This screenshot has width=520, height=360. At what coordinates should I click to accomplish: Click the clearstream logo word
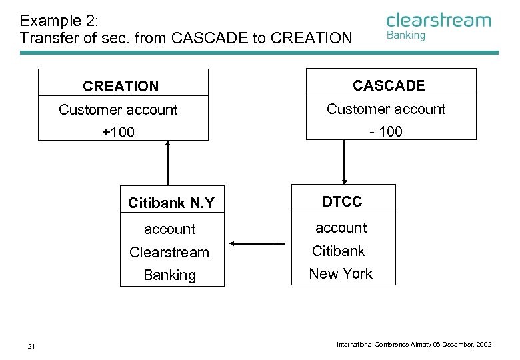pos(438,20)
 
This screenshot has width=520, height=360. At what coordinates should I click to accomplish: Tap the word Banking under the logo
pos(406,35)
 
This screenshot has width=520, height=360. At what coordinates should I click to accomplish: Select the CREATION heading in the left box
pos(121,86)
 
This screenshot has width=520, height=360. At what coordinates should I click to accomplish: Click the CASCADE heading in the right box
pos(389,85)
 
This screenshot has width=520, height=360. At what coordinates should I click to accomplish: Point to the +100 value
pos(118,133)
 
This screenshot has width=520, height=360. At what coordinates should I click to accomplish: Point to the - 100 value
pos(387,131)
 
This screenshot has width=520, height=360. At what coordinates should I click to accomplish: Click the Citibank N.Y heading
pos(171,203)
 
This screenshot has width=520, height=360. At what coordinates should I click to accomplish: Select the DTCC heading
pos(342,201)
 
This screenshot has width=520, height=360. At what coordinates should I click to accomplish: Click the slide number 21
pos(31,345)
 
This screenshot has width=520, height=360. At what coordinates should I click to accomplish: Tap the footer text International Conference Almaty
pos(414,345)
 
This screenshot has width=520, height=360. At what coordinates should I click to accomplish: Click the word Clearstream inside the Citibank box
pos(169,253)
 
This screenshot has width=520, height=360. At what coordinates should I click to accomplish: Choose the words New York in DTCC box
pos(341,273)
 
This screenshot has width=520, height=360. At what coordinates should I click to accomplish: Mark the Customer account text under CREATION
pos(118,110)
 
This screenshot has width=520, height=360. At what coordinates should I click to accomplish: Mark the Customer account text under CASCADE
pos(386,109)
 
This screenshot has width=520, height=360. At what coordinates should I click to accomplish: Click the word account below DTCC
pos(341,228)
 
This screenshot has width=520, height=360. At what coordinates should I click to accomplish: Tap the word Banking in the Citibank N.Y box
pos(169,275)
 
